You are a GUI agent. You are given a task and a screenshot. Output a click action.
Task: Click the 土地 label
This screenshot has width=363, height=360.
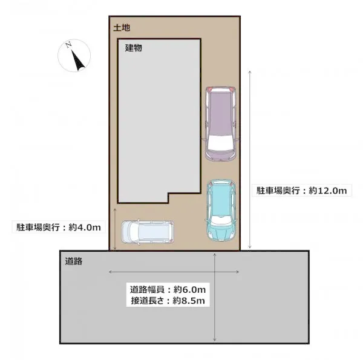coord(122,28)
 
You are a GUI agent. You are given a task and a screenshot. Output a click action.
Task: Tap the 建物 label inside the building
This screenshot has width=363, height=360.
coord(133,48)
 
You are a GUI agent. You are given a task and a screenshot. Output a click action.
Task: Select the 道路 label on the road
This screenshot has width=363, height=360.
coord(74,261)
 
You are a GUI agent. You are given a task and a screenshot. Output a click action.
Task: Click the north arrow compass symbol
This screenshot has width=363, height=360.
coord(74,56)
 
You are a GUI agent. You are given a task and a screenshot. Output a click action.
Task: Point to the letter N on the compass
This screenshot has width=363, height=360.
coord(68,45)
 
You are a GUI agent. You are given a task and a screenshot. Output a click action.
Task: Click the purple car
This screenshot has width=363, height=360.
coord(221,123)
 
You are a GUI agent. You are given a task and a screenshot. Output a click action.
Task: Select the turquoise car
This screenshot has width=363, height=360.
coord(221,210)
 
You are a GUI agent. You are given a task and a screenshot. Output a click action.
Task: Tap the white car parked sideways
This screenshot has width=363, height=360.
coord(148,232)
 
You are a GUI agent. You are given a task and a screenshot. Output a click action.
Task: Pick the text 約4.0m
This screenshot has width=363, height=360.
coord(85,227)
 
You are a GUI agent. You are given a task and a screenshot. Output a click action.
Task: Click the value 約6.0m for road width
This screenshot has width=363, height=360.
coord(189,289)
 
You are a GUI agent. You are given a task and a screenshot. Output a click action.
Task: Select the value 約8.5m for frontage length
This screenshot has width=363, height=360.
coord(189,301)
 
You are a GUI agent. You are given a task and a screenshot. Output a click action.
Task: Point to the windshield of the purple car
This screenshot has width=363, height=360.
coord(220,143)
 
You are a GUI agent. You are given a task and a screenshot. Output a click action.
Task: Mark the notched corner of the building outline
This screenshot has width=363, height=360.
coord(169,194)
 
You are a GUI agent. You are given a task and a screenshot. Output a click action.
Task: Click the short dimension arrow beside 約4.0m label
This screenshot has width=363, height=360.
coord(115,229)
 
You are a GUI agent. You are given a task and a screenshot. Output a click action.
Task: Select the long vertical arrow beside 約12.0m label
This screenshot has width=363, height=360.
coord(250,159)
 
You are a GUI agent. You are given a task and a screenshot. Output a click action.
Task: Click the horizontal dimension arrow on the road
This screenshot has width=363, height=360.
coord(174,272)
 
